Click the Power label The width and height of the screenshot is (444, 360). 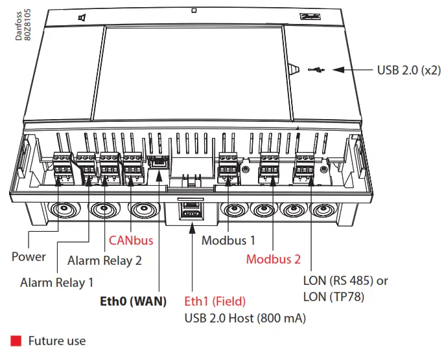29,256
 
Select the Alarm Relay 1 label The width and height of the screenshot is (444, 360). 57,282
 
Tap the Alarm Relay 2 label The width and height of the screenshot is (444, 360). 105,261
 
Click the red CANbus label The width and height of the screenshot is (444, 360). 131,241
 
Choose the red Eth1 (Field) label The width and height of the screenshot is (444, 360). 216,301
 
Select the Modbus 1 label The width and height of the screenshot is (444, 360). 228,241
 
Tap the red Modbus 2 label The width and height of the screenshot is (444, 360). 274,260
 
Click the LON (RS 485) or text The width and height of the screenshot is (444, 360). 345,282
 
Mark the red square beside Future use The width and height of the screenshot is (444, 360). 16,340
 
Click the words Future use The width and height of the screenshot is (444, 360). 56,340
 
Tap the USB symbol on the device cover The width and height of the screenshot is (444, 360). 317,69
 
